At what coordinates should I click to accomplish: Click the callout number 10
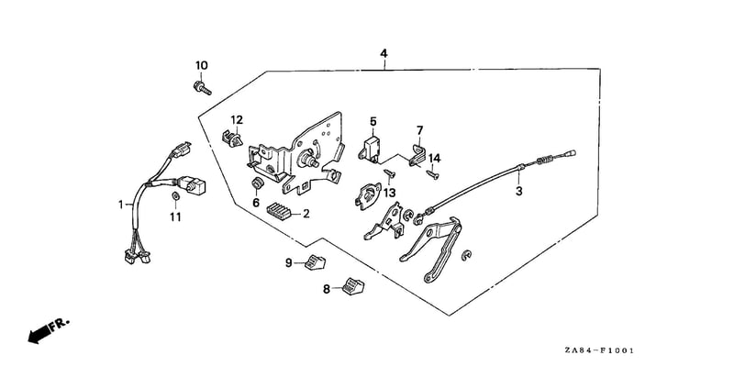pyautogui.click(x=201, y=65)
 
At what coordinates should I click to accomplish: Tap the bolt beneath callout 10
pyautogui.click(x=202, y=87)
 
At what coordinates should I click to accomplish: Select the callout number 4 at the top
pyautogui.click(x=384, y=53)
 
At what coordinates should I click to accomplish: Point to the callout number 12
pyautogui.click(x=237, y=119)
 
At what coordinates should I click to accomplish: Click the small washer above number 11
pyautogui.click(x=175, y=195)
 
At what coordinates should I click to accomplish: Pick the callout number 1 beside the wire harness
pyautogui.click(x=121, y=205)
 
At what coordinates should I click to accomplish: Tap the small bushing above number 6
pyautogui.click(x=256, y=183)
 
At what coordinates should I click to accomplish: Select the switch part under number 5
pyautogui.click(x=372, y=149)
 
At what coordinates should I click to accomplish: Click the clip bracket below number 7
pyautogui.click(x=417, y=156)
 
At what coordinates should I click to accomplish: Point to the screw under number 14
pyautogui.click(x=432, y=175)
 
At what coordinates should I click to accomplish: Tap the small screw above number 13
pyautogui.click(x=390, y=174)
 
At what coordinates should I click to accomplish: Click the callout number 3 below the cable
pyautogui.click(x=518, y=192)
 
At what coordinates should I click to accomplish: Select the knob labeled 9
pyautogui.click(x=315, y=262)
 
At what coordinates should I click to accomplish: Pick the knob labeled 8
pyautogui.click(x=353, y=286)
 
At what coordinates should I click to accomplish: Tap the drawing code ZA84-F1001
pyautogui.click(x=599, y=350)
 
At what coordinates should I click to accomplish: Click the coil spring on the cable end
pyautogui.click(x=544, y=161)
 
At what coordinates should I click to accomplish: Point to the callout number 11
pyautogui.click(x=175, y=217)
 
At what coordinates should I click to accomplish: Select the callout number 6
pyautogui.click(x=256, y=203)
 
